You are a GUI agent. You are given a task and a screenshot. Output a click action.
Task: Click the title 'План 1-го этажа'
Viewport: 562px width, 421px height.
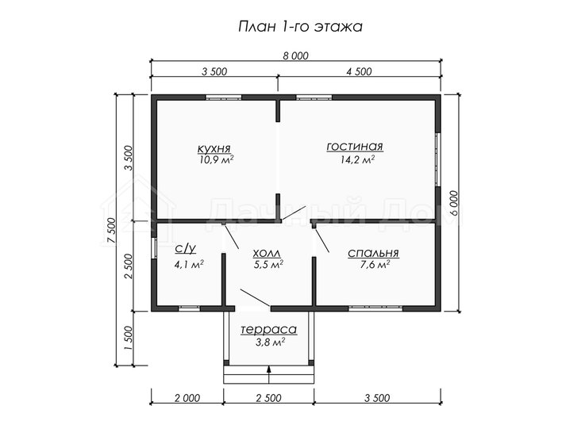click(300, 27)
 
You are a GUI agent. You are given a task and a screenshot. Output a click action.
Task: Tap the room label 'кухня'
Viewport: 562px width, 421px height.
click(214, 148)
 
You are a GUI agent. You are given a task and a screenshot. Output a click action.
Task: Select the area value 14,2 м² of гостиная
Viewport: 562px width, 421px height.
click(357, 159)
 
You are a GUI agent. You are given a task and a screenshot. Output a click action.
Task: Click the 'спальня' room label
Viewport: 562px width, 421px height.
click(373, 253)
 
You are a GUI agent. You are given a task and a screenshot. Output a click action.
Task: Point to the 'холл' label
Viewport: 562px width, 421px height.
click(267, 254)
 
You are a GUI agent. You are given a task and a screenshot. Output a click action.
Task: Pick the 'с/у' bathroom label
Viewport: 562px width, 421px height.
click(186, 248)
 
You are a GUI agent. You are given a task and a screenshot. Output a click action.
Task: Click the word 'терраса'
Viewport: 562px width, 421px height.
click(268, 329)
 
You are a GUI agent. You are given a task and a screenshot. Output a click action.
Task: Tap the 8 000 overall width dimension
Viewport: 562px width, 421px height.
click(295, 55)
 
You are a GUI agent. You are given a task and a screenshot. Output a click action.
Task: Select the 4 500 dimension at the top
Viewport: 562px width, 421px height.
click(359, 71)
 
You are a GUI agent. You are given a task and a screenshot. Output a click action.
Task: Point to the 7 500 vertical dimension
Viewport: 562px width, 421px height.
click(112, 230)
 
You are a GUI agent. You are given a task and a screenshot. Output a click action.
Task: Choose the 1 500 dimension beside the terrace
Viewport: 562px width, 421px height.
click(129, 339)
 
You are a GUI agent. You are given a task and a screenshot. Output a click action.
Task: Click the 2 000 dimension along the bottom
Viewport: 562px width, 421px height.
click(187, 398)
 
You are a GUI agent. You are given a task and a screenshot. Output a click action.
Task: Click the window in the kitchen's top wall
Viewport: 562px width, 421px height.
click(224, 97)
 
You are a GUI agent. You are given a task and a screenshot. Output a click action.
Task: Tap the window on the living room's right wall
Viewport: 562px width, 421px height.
click(437, 159)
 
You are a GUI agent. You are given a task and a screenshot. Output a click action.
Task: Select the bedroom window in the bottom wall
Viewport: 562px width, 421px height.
click(376, 308)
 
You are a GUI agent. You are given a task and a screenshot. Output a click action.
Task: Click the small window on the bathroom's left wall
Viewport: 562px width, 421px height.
click(154, 248)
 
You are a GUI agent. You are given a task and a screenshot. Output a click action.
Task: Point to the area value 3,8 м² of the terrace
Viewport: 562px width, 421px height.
click(270, 343)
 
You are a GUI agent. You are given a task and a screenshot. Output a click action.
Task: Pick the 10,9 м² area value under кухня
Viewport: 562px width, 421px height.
click(217, 159)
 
